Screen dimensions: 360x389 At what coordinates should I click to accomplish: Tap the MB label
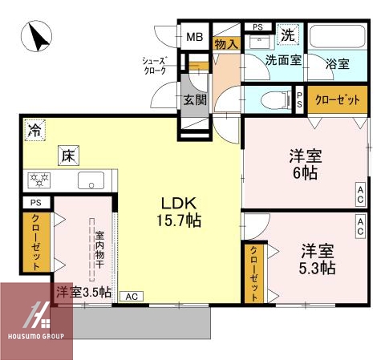(195, 37)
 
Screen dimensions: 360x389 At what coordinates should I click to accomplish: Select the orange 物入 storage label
(226, 44)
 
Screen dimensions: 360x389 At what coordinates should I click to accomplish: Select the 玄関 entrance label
(194, 99)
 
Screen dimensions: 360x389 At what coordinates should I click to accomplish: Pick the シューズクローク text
(154, 65)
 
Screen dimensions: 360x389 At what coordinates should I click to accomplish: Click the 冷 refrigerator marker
(34, 128)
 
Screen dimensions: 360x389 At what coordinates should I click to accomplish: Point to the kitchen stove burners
(38, 180)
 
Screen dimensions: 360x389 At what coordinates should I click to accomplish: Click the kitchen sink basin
(91, 180)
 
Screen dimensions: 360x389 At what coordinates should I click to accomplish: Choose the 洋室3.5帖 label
(83, 292)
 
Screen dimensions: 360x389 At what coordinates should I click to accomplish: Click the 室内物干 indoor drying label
(100, 249)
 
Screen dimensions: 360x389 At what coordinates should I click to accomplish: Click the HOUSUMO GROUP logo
(37, 322)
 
